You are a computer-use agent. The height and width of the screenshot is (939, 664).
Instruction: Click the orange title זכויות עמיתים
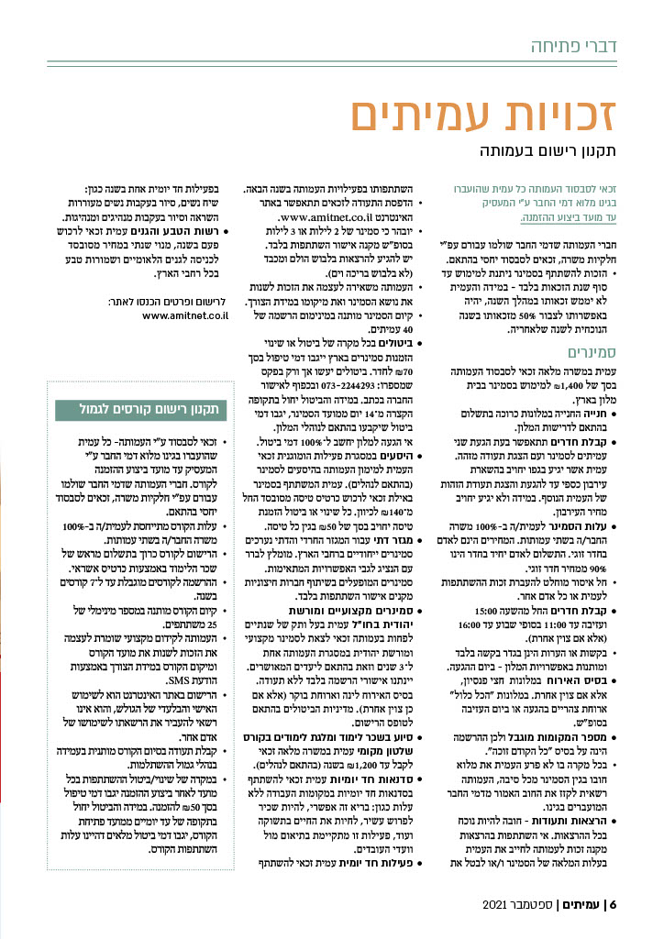(487, 117)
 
